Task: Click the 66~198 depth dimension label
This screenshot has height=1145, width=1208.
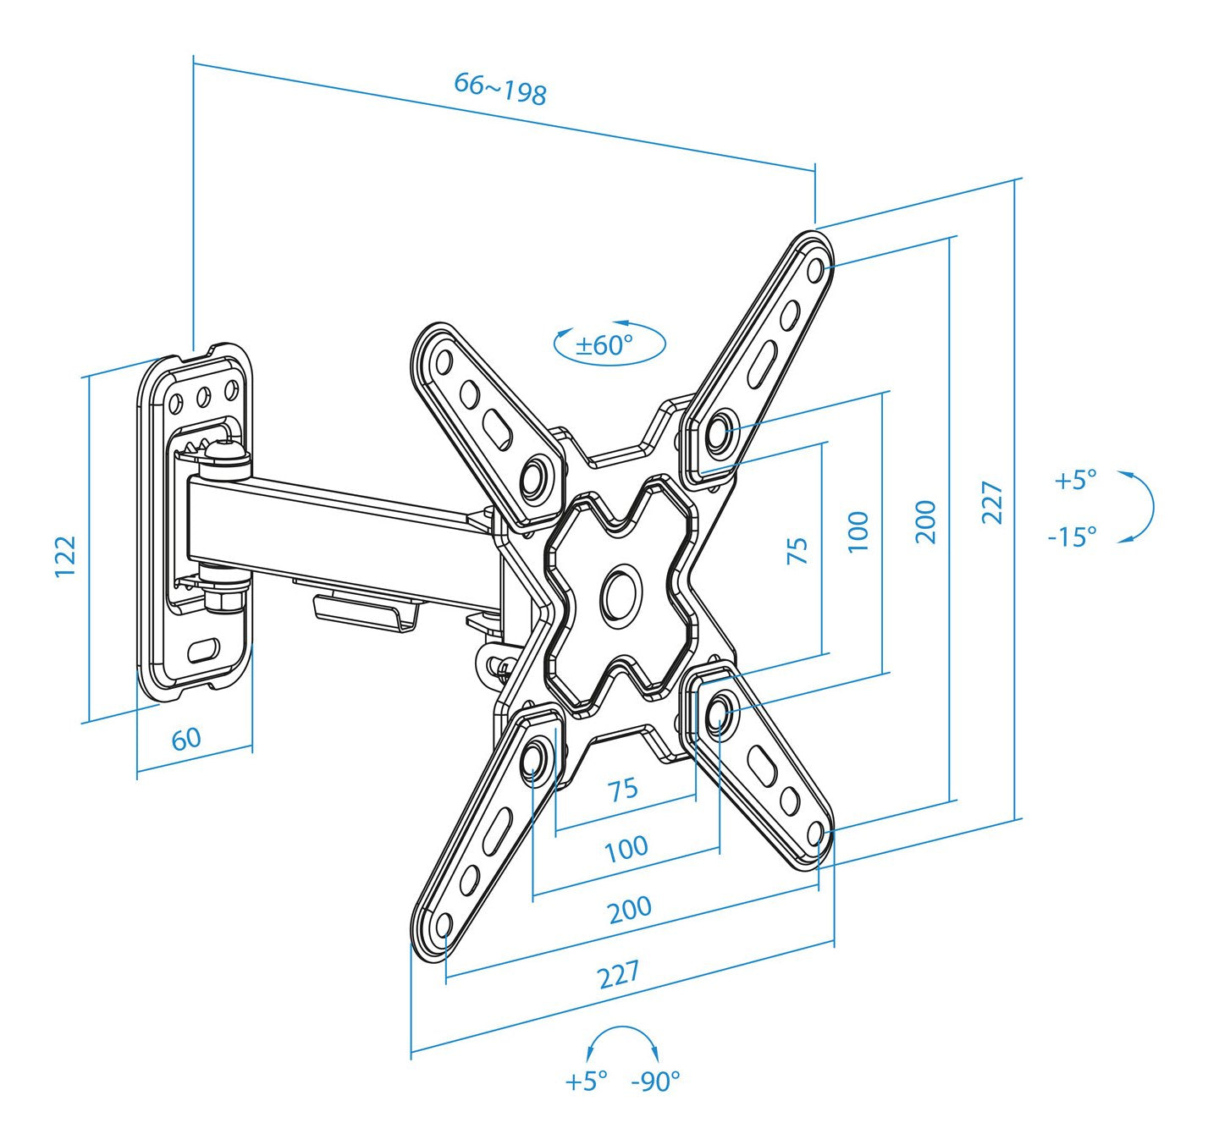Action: tap(500, 88)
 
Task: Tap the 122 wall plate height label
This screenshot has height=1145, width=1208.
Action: tap(66, 556)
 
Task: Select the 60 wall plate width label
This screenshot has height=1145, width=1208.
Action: tap(186, 738)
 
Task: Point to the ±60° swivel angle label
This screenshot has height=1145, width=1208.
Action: tap(604, 345)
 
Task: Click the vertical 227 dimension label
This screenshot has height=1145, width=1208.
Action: tap(992, 503)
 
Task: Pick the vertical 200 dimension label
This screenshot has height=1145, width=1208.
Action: tap(926, 521)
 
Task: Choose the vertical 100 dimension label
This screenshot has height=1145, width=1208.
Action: tap(858, 531)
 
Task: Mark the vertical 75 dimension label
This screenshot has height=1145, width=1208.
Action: tap(797, 550)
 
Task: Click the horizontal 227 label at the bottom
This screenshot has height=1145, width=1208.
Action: tap(619, 975)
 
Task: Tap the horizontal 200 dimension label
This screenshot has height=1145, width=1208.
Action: tap(630, 910)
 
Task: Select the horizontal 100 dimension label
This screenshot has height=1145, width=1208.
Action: tap(626, 848)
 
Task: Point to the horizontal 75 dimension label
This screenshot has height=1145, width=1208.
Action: tap(623, 790)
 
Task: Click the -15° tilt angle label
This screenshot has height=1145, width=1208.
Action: tap(1072, 537)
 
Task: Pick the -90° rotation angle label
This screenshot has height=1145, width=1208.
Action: tap(655, 1082)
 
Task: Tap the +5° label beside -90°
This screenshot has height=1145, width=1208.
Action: tap(586, 1081)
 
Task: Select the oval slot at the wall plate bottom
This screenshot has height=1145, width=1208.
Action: tap(203, 651)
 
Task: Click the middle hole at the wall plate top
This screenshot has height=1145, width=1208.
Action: tap(203, 395)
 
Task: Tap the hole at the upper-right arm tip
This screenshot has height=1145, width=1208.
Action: tap(816, 270)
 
